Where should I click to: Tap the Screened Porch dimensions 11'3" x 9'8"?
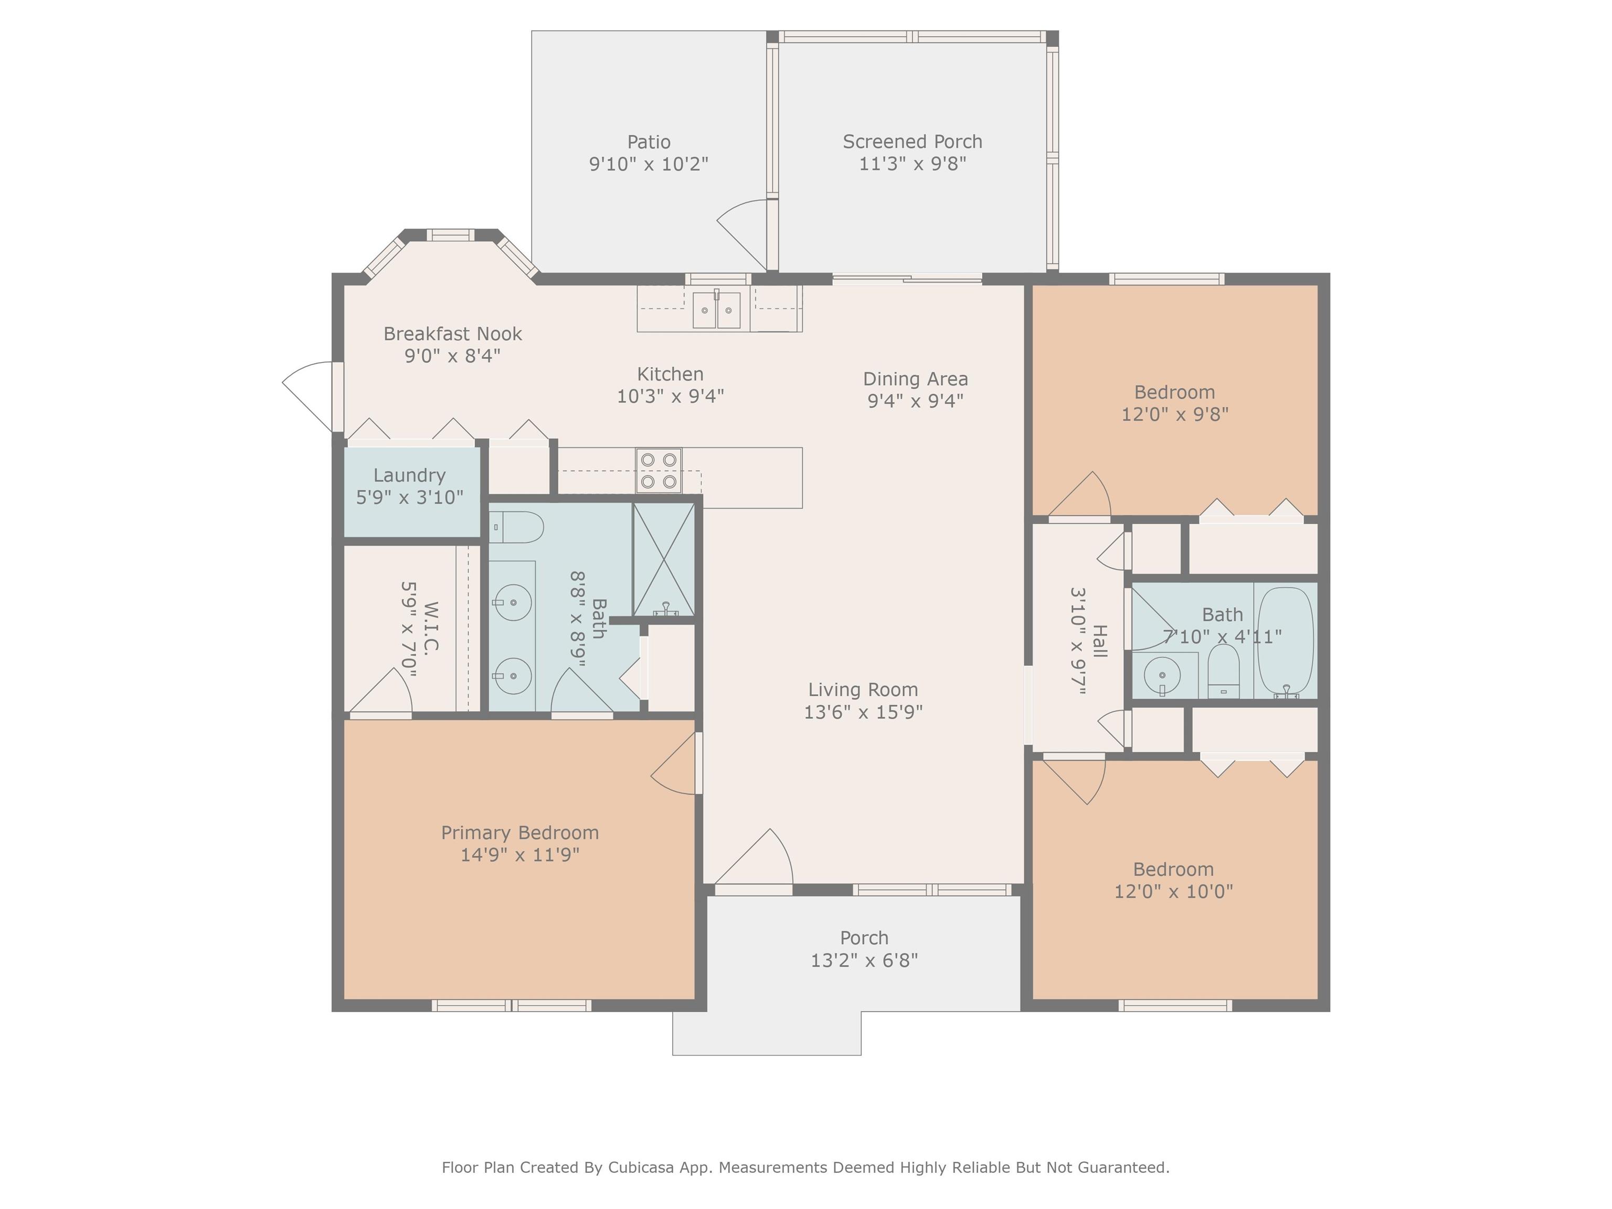[x=913, y=163]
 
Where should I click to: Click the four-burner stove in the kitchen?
[x=659, y=471]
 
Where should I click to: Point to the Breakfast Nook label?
[x=452, y=334]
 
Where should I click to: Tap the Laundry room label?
[x=409, y=475]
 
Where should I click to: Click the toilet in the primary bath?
[x=516, y=527]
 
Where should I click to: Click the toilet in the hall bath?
[x=1224, y=671]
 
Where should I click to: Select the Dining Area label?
[x=915, y=379]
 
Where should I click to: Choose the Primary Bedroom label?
[x=519, y=833]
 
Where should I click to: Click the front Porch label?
[x=864, y=938]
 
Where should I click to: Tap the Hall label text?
[x=1100, y=641]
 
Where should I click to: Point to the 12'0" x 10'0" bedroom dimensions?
[x=1173, y=891]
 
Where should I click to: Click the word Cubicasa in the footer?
[x=641, y=1168]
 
